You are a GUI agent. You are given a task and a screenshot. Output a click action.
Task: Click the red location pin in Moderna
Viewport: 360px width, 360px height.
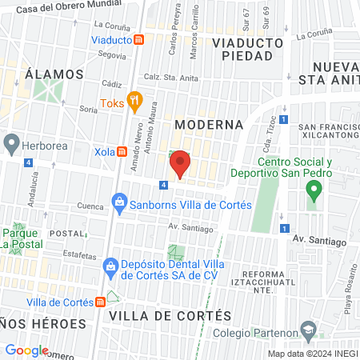180,162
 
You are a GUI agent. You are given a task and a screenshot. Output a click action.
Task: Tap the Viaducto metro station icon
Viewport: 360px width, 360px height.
139,39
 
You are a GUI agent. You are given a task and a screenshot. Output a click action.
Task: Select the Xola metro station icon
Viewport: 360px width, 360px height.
122,151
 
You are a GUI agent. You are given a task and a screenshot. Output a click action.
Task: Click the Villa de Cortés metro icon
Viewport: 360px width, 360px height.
99,302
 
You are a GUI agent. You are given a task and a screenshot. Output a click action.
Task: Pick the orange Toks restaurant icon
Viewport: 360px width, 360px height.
134,102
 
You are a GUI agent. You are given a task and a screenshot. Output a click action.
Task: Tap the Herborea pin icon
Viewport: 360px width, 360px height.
11,144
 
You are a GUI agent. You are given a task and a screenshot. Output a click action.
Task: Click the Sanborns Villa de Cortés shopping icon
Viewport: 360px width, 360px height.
119,200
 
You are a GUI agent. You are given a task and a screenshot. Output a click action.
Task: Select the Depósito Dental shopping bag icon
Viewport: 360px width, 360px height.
112,265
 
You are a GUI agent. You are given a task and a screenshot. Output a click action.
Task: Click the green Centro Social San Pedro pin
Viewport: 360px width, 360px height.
314,190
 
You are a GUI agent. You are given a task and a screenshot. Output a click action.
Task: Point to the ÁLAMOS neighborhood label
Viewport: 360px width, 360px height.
54,74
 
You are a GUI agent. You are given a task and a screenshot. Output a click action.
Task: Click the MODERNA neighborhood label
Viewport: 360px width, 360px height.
208,125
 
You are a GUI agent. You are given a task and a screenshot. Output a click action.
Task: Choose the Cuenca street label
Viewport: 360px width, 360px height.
90,206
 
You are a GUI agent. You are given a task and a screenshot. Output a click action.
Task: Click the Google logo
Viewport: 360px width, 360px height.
26,350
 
